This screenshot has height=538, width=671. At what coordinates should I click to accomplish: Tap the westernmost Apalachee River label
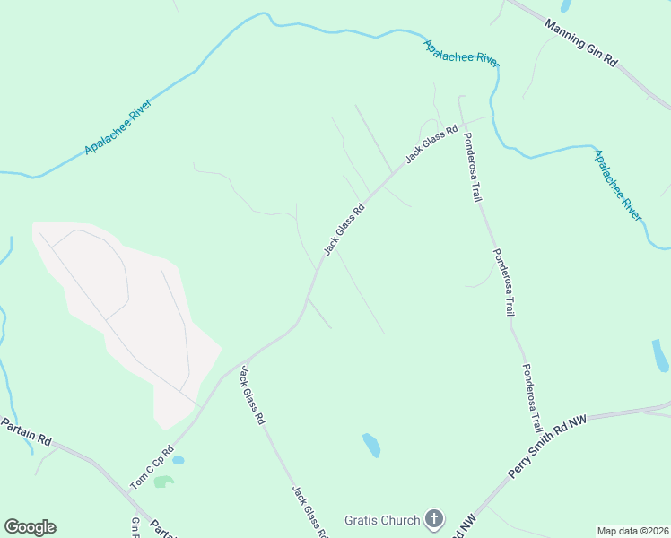pyautogui.click(x=118, y=127)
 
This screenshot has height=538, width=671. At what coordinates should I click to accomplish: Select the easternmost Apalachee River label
pyautogui.click(x=618, y=186)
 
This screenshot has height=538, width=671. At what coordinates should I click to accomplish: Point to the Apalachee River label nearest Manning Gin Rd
pyautogui.click(x=461, y=53)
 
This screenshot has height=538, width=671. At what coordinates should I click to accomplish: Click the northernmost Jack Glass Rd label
pyautogui.click(x=426, y=143)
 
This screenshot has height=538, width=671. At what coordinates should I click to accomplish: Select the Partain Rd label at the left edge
pyautogui.click(x=27, y=430)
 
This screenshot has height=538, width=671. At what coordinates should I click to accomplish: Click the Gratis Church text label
pyautogui.click(x=382, y=520)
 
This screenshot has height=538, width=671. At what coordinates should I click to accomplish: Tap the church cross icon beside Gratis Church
pyautogui.click(x=434, y=519)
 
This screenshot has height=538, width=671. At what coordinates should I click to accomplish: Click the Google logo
pyautogui.click(x=30, y=527)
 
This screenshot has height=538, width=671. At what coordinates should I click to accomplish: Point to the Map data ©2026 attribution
pyautogui.click(x=633, y=531)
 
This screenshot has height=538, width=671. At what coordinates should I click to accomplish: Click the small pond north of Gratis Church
pyautogui.click(x=371, y=444)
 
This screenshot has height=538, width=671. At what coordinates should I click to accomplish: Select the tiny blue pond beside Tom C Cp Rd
pyautogui.click(x=178, y=460)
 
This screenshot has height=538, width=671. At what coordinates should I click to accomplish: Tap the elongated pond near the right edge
pyautogui.click(x=660, y=355)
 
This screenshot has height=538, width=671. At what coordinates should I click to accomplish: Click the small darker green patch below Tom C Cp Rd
pyautogui.click(x=163, y=482)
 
